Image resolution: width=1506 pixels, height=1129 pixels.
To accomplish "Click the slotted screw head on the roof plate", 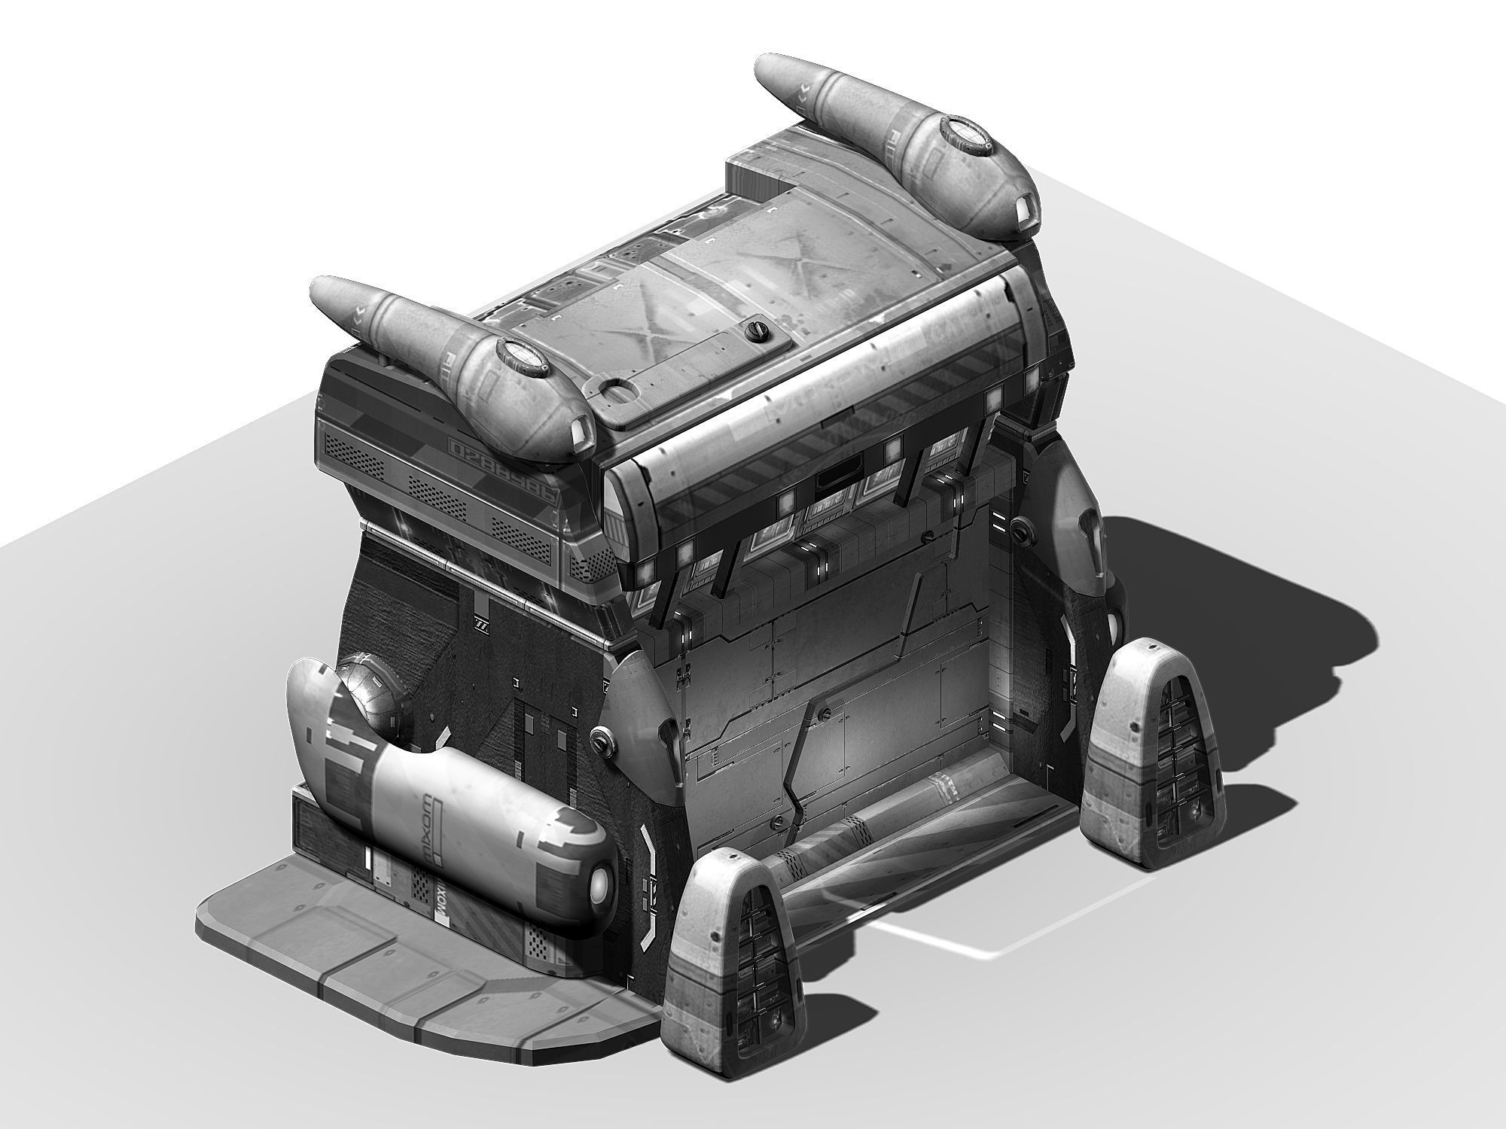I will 753,329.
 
